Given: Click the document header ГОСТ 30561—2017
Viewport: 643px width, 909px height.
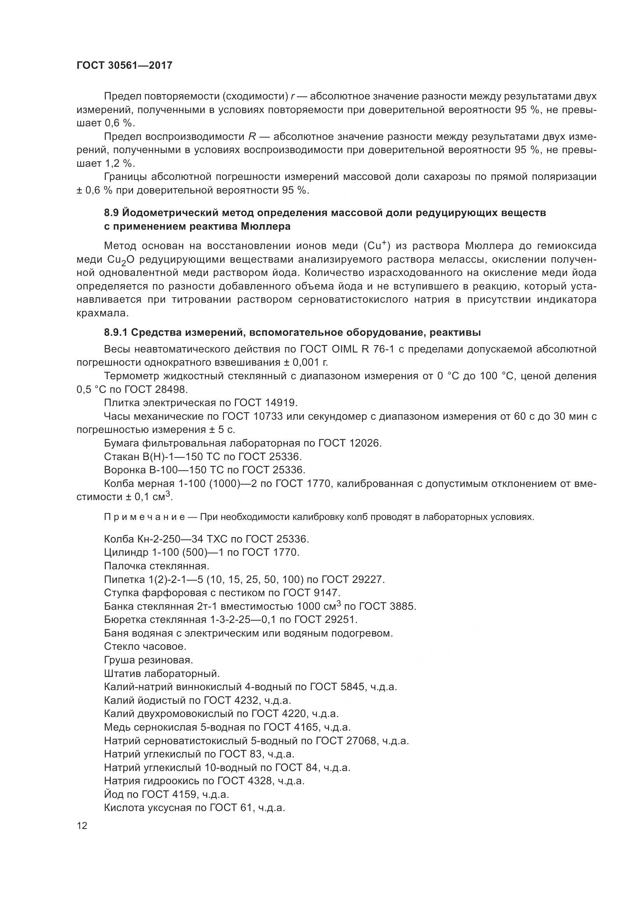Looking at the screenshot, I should pyautogui.click(x=124, y=65).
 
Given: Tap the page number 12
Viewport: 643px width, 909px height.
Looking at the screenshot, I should pyautogui.click(x=82, y=825).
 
